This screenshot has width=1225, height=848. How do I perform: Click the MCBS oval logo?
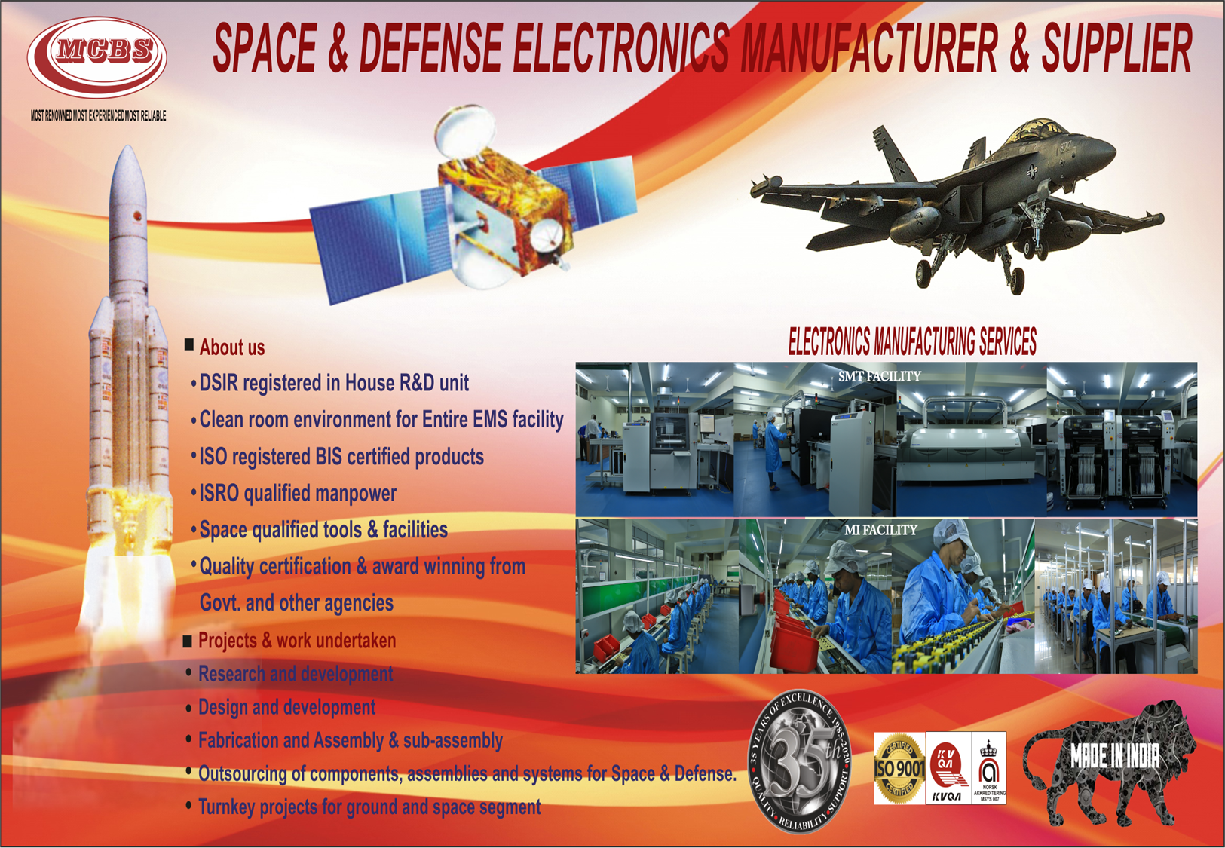(97, 57)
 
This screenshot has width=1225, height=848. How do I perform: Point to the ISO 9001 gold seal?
(899, 768)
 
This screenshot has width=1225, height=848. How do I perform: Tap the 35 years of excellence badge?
(801, 762)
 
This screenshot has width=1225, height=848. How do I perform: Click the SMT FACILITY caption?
(879, 376)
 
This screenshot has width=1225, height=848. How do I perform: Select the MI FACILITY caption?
(880, 530)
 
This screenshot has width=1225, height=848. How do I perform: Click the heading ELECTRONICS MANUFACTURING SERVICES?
(912, 342)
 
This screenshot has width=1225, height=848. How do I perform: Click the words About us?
(232, 347)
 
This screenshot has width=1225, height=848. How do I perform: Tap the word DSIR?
(218, 383)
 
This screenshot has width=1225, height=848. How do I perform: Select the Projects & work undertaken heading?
(296, 641)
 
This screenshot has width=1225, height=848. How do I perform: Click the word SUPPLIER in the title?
(1116, 48)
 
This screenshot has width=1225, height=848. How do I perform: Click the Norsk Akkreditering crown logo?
(988, 767)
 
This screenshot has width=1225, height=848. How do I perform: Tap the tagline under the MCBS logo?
(98, 116)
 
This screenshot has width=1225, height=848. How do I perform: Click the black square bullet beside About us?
(189, 345)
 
